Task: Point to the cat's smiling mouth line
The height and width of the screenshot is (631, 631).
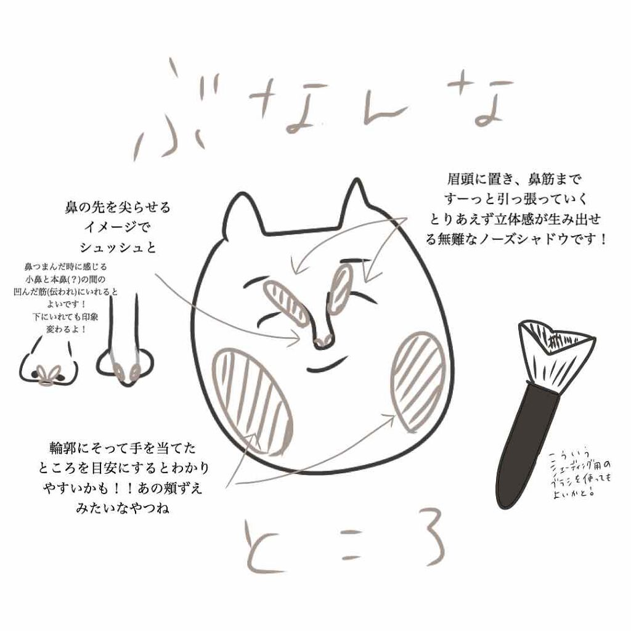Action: point(327,368)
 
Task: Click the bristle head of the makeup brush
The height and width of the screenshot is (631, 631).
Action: point(555,351)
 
